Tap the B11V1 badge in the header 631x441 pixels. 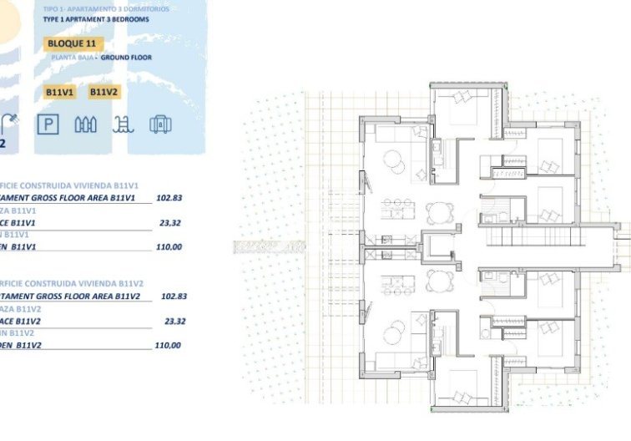click(x=61, y=92)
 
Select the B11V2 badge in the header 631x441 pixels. click(x=103, y=92)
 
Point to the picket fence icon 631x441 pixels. click(x=86, y=125)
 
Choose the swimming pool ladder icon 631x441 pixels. click(x=122, y=125)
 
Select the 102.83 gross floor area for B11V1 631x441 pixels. click(x=169, y=199)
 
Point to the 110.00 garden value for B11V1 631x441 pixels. click(x=169, y=247)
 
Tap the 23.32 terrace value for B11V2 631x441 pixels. click(x=175, y=321)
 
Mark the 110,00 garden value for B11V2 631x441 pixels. click(x=168, y=345)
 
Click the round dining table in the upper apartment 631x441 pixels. click(x=437, y=210)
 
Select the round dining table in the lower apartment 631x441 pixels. click(x=437, y=279)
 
